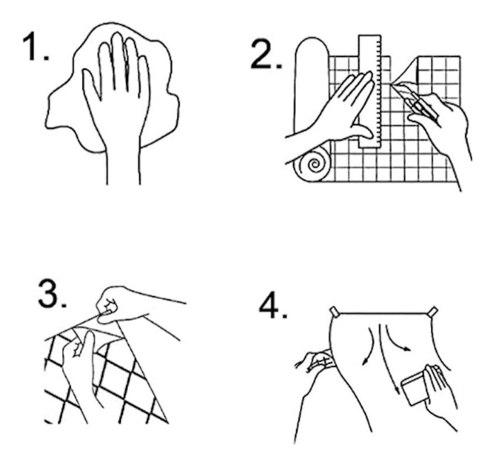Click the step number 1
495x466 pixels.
[35, 47]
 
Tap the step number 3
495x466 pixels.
[51, 294]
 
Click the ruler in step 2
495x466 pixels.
[370, 91]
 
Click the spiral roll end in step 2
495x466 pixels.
[313, 165]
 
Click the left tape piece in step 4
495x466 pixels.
[334, 312]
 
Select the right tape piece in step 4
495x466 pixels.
[433, 311]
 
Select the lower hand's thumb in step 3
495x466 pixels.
[89, 344]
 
